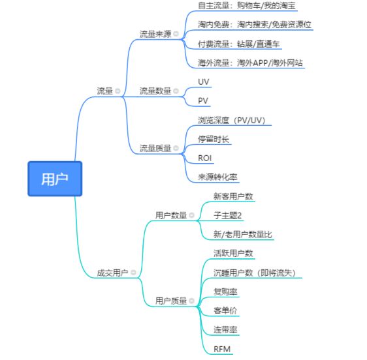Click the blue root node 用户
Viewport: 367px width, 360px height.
[x=55, y=179]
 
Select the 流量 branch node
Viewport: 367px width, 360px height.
[x=104, y=91]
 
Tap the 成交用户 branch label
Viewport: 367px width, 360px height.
[x=112, y=273]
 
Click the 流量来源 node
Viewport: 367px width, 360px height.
[x=155, y=34]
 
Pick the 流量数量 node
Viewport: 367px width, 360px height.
[x=155, y=91]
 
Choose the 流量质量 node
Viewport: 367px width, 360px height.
[x=155, y=148]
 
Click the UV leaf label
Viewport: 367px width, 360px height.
[x=204, y=81]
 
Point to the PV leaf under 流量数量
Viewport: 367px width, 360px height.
[x=204, y=101]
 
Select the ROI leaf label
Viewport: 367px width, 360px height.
[x=205, y=158]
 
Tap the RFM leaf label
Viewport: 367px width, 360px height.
[x=222, y=349]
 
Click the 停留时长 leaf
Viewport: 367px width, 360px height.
[x=214, y=139]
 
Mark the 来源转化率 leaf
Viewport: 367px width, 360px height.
[x=217, y=177]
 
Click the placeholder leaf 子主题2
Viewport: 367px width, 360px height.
[x=228, y=215]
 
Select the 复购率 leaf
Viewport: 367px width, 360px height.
[x=225, y=291]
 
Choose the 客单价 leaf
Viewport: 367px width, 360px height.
[x=225, y=310]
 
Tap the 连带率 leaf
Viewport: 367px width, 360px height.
[x=225, y=329]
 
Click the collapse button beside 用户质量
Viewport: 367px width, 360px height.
[x=192, y=301]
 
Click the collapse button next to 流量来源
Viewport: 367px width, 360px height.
[x=176, y=34]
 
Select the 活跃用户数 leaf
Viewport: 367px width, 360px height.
[x=233, y=253]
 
